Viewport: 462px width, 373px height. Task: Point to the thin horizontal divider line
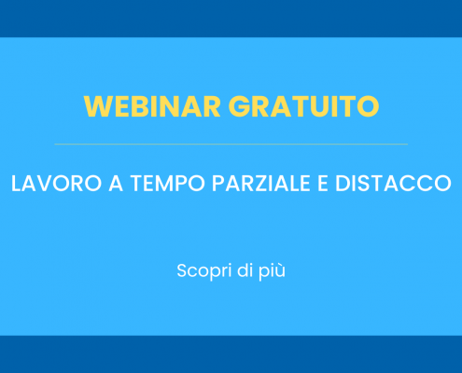pos(231,145)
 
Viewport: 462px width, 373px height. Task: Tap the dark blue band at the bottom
pos(231,354)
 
